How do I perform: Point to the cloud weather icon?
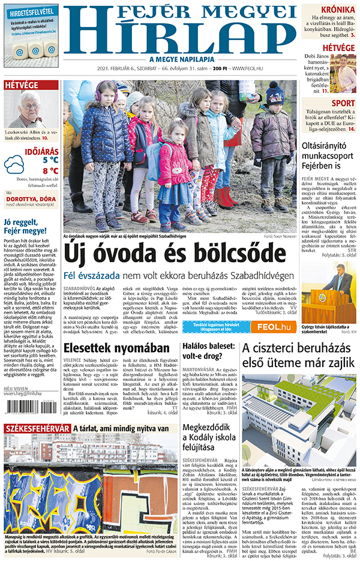[x=14, y=164]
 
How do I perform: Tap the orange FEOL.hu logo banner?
[x=272, y=326]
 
